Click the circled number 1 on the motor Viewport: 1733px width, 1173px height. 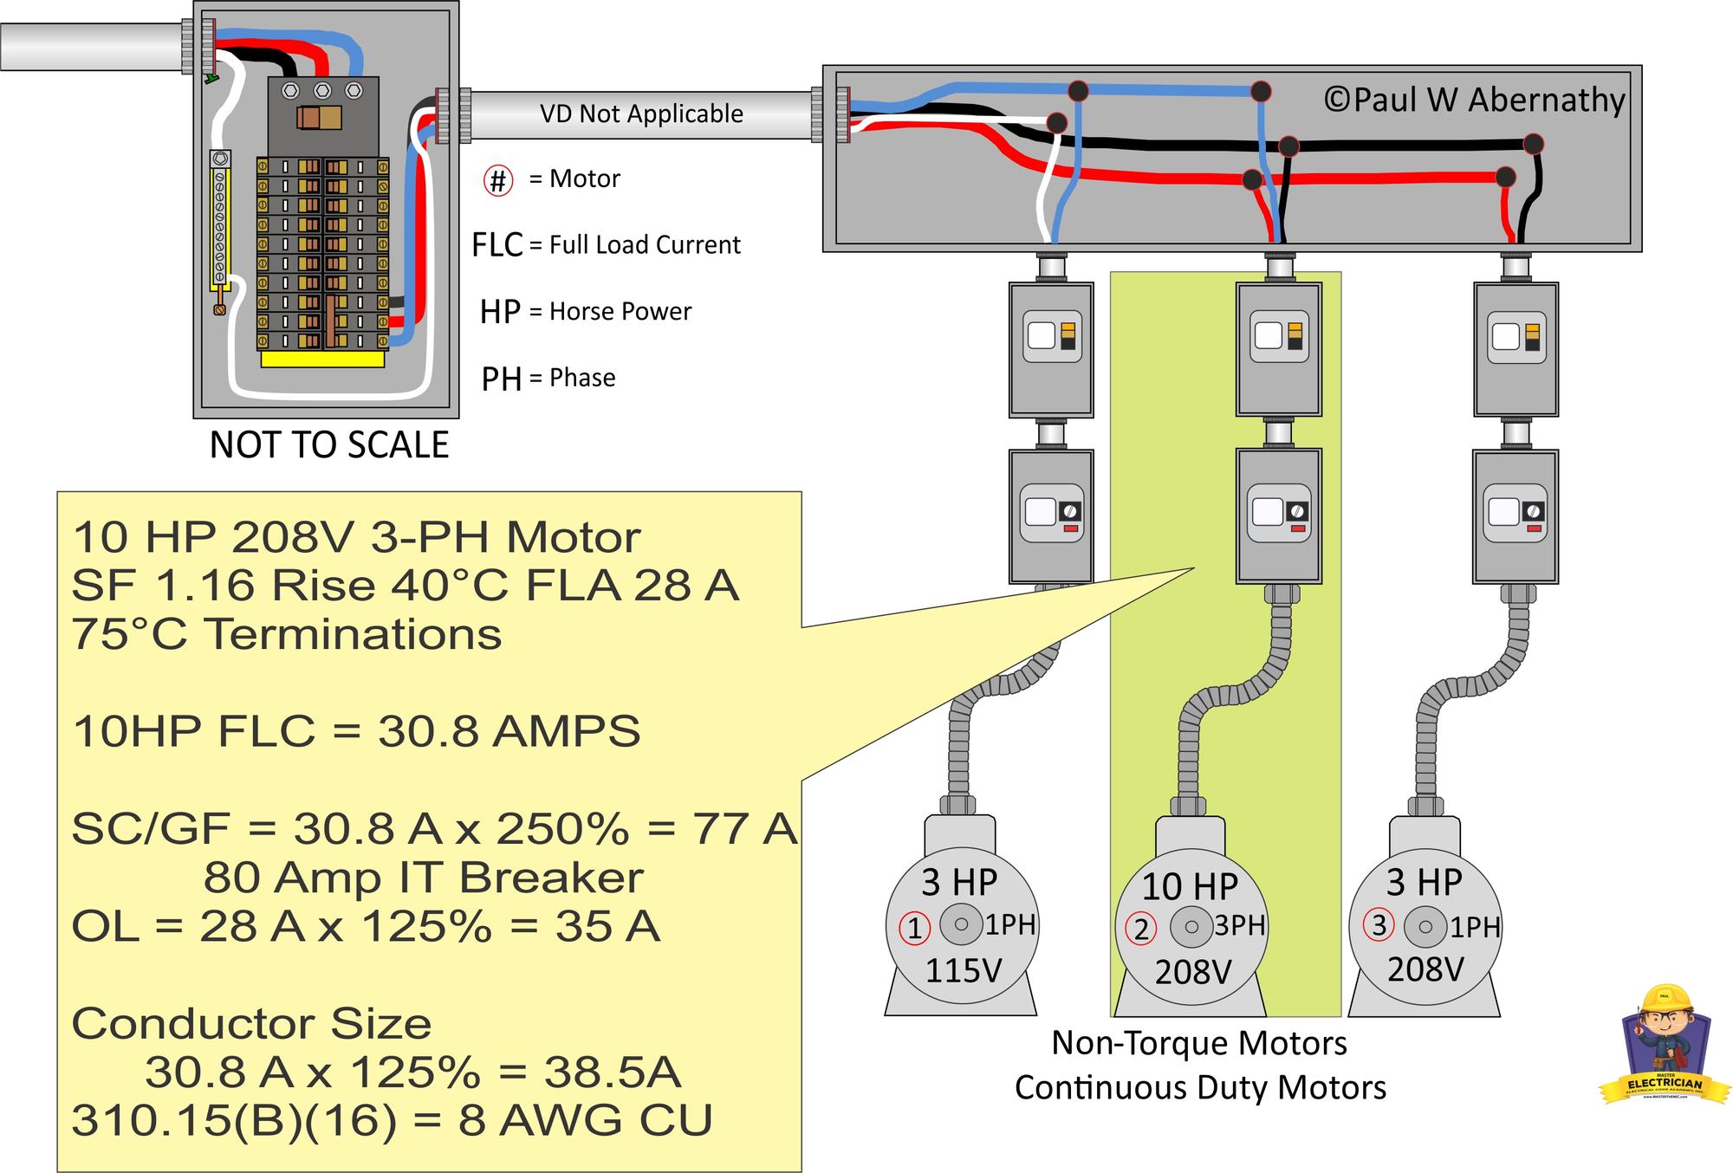(x=914, y=928)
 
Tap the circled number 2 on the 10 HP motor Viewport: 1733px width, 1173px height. (x=1141, y=930)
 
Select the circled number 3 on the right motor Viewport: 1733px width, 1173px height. (x=1379, y=925)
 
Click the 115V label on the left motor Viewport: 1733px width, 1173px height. (x=964, y=970)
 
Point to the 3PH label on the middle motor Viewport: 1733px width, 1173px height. (x=1239, y=925)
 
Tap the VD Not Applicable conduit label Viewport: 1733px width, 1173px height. (x=641, y=113)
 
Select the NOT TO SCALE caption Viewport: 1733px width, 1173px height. (x=329, y=445)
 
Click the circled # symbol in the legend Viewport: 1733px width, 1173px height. (x=498, y=180)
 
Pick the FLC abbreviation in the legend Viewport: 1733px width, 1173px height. (x=497, y=245)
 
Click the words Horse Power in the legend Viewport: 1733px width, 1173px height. (x=620, y=312)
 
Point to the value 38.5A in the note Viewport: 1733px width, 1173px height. (x=612, y=1073)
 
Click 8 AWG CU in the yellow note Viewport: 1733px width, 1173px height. (x=585, y=1120)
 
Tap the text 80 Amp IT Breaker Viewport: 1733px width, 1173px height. (x=423, y=878)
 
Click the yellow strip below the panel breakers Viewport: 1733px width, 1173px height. (x=322, y=360)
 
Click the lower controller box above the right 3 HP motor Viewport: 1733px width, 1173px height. (x=1515, y=515)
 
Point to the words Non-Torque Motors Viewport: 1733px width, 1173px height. (x=1199, y=1043)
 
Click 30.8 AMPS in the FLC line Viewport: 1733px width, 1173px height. (x=509, y=731)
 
